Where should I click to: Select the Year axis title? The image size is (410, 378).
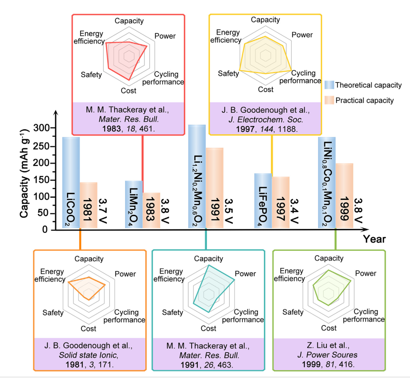point(374,239)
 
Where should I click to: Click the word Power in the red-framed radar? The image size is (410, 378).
point(165,36)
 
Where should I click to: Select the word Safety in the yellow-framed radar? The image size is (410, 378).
point(228,73)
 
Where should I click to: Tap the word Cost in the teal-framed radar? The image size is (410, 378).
point(208,328)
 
